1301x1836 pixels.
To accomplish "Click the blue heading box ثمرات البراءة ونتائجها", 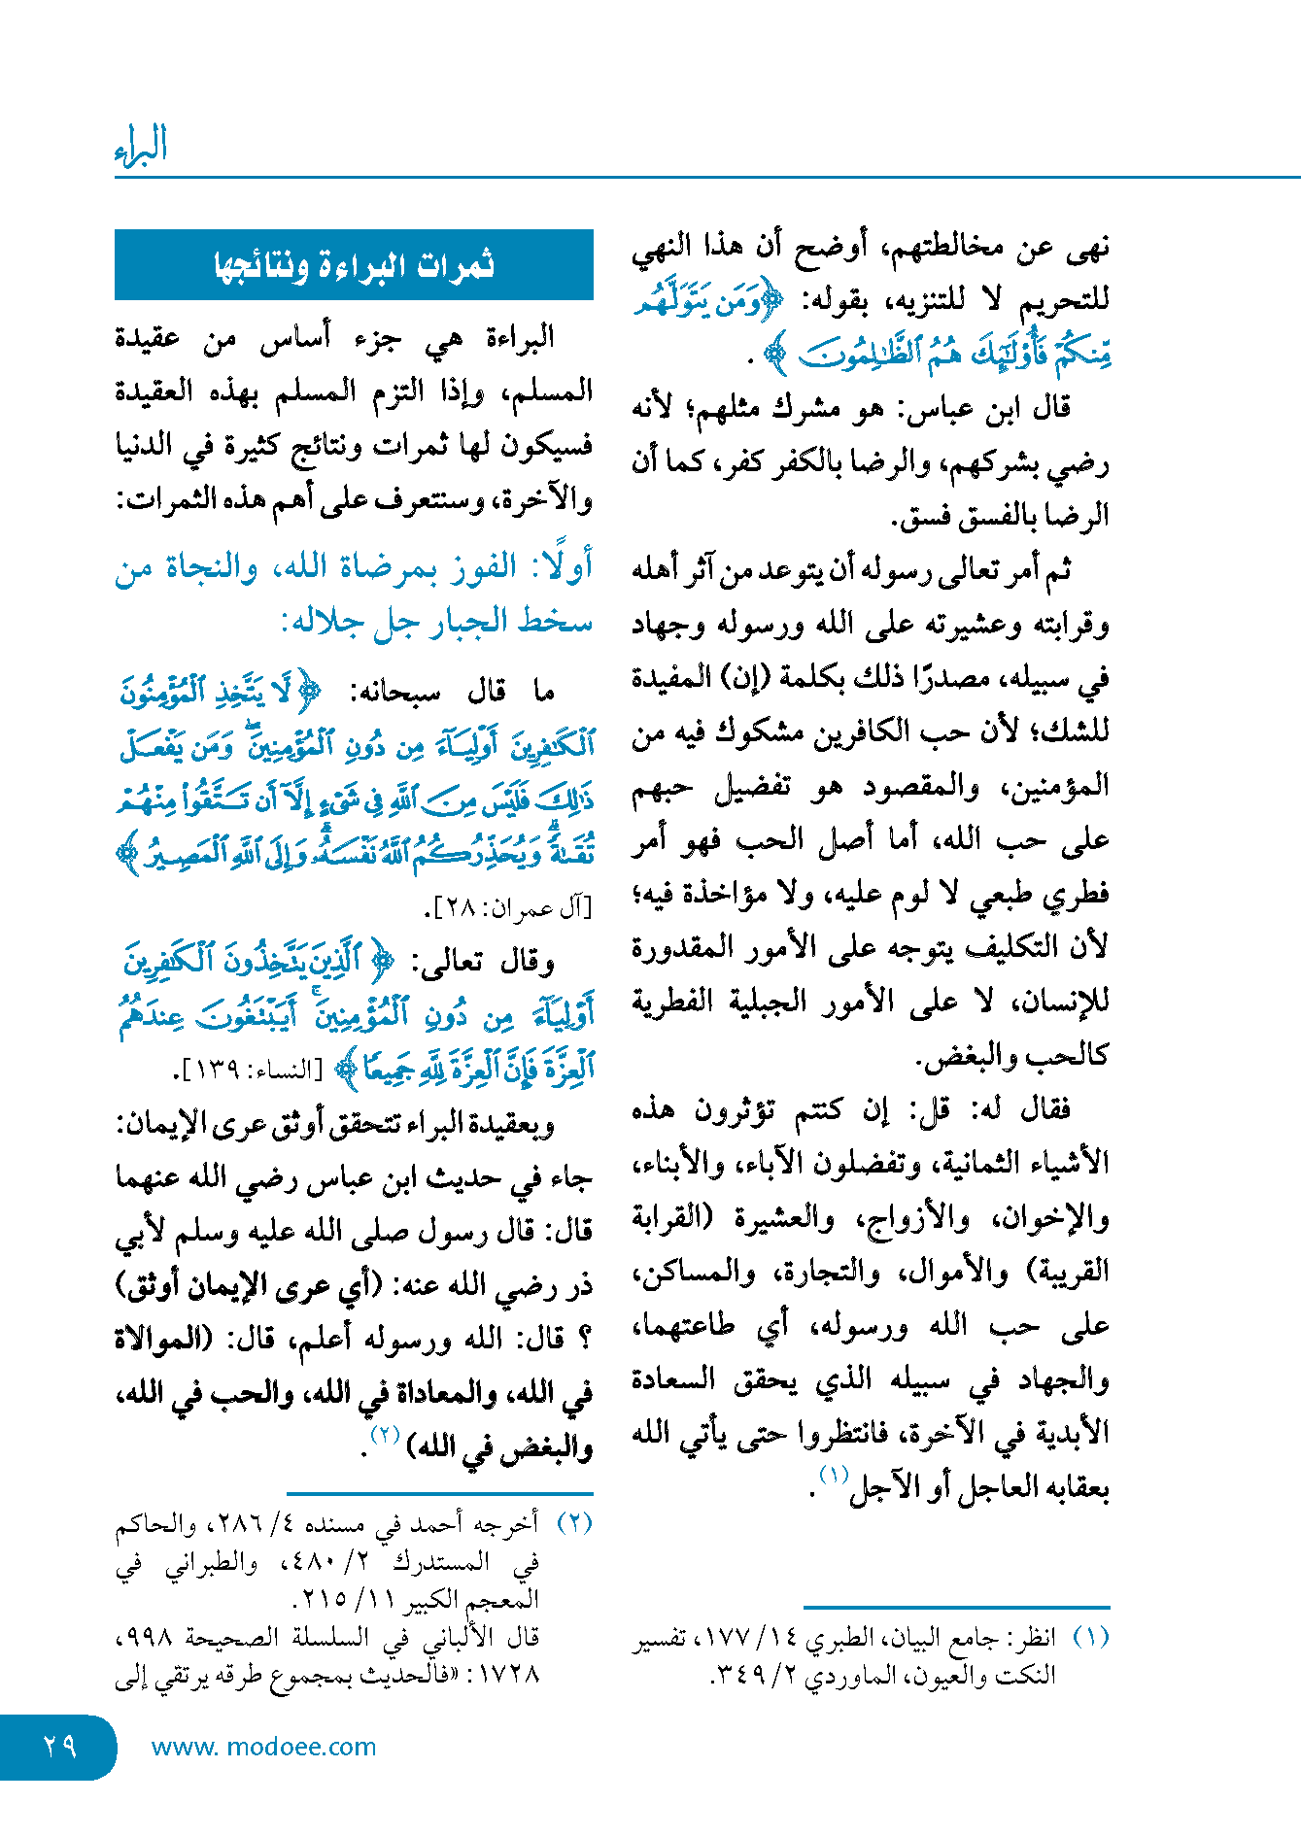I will click(354, 265).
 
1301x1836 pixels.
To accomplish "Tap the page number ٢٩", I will click(59, 1746).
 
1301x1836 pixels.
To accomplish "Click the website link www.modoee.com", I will click(263, 1747).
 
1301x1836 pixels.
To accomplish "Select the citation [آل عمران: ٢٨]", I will click(508, 908).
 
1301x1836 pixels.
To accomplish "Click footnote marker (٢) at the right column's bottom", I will click(574, 1522).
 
